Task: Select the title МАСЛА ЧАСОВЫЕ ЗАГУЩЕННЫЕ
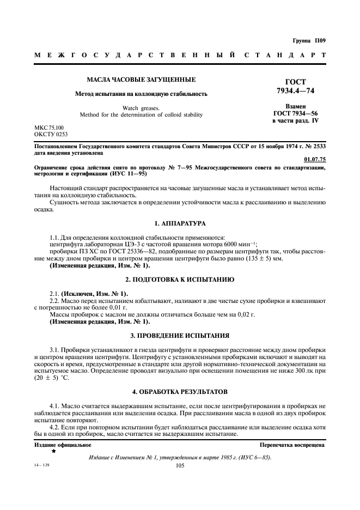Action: pyautogui.click(x=142, y=80)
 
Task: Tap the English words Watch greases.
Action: pyautogui.click(x=141, y=108)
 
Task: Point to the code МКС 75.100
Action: pyautogui.click(x=49, y=127)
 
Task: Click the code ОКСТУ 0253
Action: pyautogui.click(x=51, y=133)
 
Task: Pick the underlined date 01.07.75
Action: pyautogui.click(x=314, y=159)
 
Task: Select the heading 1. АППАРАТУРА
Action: pyautogui.click(x=180, y=223)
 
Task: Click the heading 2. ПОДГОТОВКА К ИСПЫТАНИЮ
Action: pyautogui.click(x=180, y=279)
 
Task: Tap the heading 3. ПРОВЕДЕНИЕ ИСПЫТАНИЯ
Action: pyautogui.click(x=180, y=335)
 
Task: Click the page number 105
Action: pyautogui.click(x=180, y=466)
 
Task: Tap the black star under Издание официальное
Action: pyautogui.click(x=53, y=452)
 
